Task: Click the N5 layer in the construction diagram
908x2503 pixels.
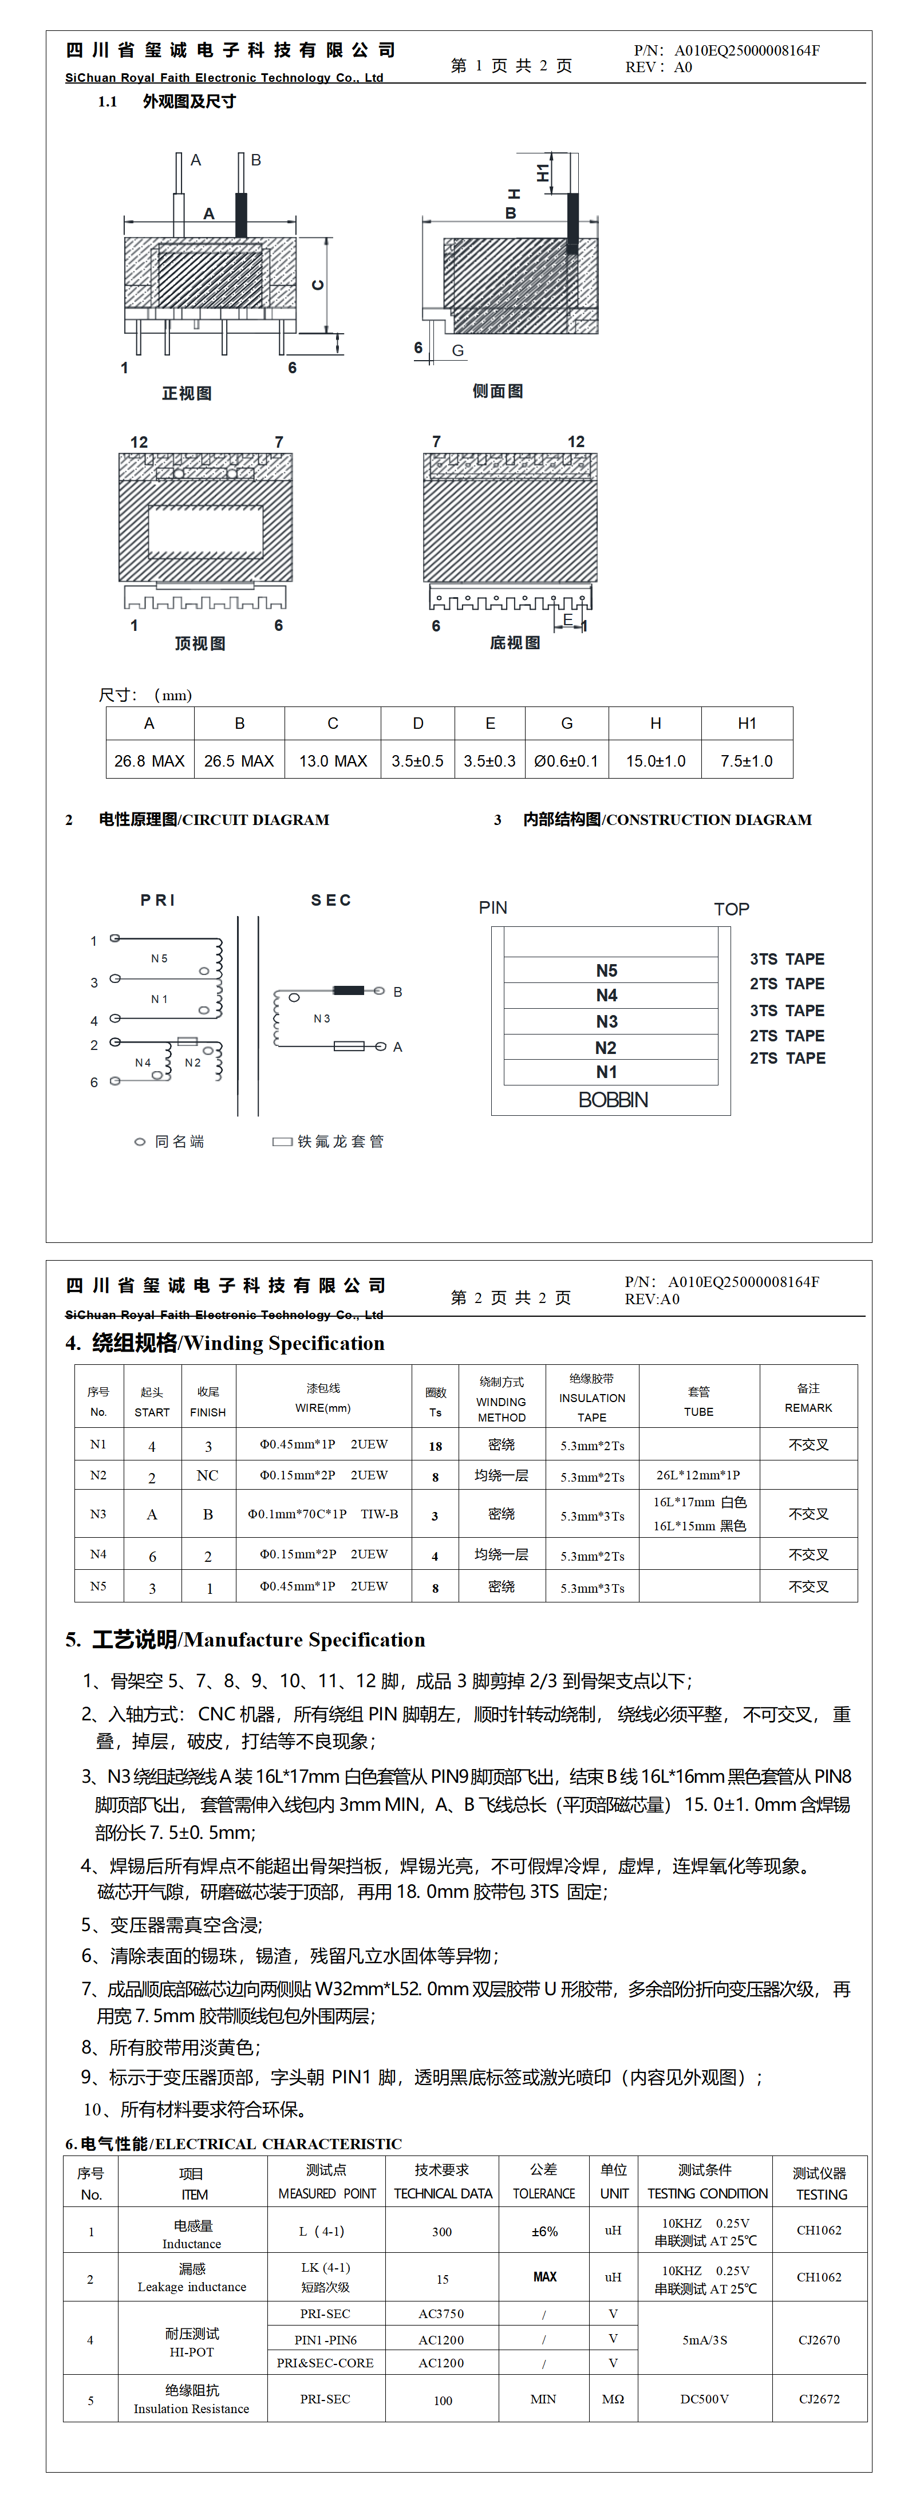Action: pos(607,970)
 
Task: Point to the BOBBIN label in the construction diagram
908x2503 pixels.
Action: pos(613,1099)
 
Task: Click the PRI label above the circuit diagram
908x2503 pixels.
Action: pos(157,900)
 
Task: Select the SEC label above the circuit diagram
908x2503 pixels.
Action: pos(330,900)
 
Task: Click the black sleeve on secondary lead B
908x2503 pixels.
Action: pos(348,990)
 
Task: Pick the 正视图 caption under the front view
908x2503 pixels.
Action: pos(187,393)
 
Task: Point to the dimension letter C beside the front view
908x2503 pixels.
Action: pos(317,285)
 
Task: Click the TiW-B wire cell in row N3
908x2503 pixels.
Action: pos(323,1514)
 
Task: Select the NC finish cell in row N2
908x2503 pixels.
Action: pos(207,1475)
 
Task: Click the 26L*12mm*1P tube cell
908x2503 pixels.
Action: pos(698,1475)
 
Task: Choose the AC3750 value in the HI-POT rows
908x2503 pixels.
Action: pos(441,2314)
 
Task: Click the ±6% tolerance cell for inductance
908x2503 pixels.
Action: pos(544,2231)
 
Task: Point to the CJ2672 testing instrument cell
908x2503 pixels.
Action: pos(819,2398)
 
